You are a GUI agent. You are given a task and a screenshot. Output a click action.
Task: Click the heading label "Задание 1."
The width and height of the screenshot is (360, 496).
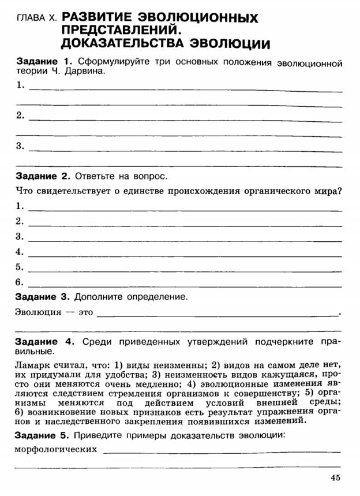coord(43,61)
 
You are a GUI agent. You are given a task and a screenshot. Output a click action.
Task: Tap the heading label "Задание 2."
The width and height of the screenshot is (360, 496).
coord(43,176)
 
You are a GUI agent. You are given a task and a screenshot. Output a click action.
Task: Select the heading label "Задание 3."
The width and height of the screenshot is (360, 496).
coord(43,297)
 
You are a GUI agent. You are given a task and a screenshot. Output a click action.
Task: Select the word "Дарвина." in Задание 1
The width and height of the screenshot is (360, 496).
coord(87,72)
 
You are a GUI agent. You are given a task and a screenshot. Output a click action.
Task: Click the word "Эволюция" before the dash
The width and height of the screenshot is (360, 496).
coord(37,313)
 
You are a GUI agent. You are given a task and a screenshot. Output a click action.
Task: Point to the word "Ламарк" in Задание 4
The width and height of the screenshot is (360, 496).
coord(32,365)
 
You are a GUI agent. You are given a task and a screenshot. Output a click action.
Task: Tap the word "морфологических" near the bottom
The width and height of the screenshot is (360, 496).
coord(55,449)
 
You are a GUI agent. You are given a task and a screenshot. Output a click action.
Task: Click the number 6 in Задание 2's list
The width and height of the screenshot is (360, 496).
coord(19,282)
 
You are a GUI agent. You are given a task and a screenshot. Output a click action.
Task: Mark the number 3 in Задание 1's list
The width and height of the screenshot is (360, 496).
coord(20,146)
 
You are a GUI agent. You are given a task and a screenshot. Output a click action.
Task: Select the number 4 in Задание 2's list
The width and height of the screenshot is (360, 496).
coord(19,252)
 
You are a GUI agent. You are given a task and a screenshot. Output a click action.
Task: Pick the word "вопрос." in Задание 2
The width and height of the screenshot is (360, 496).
coord(153,176)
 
